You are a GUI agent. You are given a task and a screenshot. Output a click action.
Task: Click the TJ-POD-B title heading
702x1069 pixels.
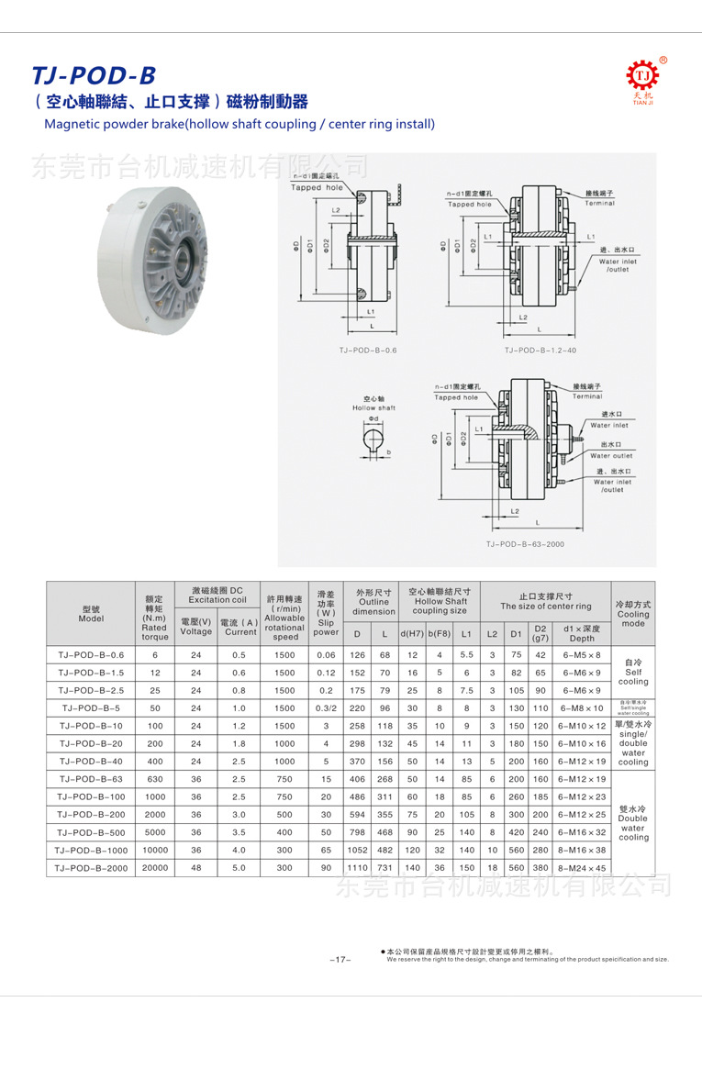click(x=94, y=75)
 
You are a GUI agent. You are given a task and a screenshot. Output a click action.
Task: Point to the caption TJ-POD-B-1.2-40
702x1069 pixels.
click(x=540, y=350)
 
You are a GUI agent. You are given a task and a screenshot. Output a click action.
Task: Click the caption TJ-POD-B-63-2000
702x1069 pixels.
click(x=525, y=544)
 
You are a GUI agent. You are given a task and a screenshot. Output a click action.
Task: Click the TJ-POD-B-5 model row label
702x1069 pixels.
click(x=91, y=708)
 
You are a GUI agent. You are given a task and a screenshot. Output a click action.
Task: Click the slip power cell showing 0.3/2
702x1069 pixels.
click(x=326, y=708)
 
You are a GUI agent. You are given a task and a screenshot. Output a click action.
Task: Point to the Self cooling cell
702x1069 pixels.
click(x=633, y=672)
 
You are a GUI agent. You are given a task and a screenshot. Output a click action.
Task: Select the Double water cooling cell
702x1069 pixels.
click(x=633, y=824)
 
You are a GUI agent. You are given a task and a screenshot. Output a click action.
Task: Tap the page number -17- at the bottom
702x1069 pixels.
click(x=340, y=960)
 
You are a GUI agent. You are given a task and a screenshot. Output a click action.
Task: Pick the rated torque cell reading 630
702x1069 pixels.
click(x=155, y=779)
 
